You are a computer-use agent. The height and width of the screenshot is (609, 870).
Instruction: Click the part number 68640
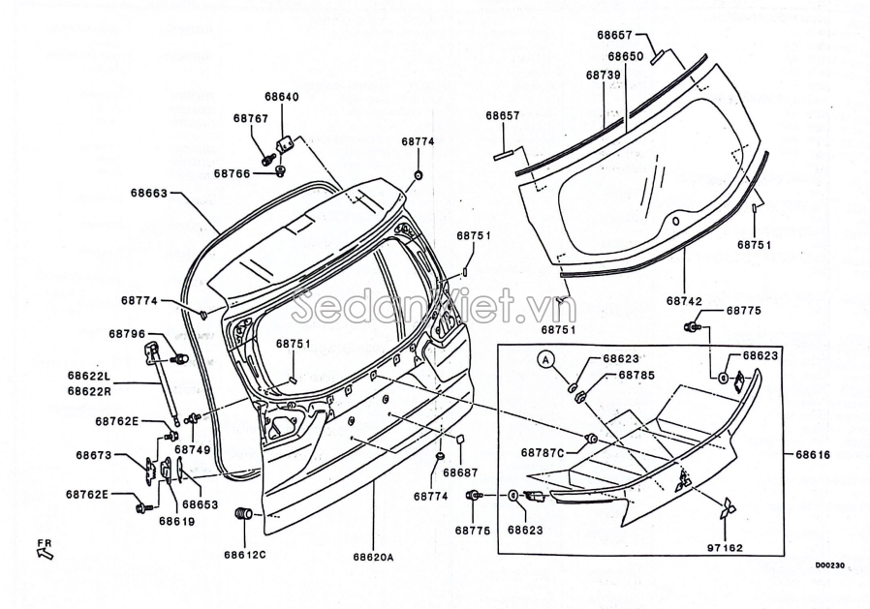pos(282,97)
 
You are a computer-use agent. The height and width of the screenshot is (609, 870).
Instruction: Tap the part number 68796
pos(127,333)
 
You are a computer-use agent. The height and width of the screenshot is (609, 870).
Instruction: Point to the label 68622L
pos(89,376)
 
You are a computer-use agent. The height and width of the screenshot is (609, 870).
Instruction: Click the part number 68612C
pos(244,555)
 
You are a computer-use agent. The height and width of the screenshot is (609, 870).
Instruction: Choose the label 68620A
pos(373,557)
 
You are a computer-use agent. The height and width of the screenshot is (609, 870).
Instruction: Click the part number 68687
pos(460,472)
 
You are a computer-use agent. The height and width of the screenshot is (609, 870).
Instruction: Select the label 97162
pos(726,548)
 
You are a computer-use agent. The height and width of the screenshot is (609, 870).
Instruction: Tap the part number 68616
pos(814,454)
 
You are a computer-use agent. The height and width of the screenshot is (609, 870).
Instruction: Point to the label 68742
pos(684,301)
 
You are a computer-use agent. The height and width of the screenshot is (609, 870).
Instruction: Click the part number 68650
pos(625,57)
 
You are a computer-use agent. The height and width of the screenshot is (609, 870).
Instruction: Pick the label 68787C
pos(542,452)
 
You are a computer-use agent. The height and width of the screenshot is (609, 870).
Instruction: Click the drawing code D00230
pos(829,566)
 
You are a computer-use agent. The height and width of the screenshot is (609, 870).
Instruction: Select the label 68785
pos(637,375)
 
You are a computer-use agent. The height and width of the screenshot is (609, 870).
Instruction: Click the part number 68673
pos(94,454)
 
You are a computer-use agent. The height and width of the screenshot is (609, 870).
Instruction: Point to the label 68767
pos(250,118)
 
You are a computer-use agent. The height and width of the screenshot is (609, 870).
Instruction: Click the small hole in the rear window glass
pos(675,220)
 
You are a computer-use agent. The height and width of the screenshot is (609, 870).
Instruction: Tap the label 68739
pos(603,75)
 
